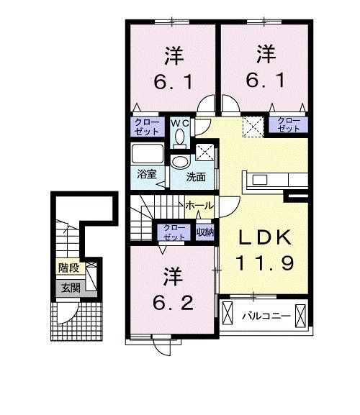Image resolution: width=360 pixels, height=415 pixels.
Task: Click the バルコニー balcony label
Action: tap(265, 315)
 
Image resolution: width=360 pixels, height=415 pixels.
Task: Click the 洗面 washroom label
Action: tap(196, 176)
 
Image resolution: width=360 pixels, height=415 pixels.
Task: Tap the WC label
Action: tap(180, 122)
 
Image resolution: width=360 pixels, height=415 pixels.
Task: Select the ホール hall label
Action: tap(198, 206)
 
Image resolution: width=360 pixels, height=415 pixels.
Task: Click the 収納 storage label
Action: tap(204, 231)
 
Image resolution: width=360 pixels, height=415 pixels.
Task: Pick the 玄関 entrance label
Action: tap(70, 288)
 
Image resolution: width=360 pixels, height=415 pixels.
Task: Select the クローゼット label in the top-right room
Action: tap(288, 124)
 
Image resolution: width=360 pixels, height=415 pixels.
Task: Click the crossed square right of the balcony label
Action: tap(300, 315)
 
